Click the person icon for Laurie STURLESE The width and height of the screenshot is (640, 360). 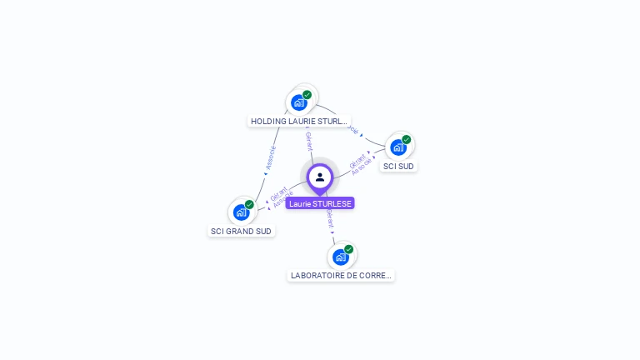click(320, 177)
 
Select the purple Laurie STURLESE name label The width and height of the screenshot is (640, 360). click(320, 203)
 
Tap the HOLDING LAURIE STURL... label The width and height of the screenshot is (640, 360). click(299, 122)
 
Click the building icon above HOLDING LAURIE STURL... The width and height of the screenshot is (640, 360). click(298, 103)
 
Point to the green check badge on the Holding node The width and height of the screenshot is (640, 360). click(307, 95)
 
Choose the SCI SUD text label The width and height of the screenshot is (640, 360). click(398, 167)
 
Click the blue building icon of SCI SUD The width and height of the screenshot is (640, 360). click(397, 147)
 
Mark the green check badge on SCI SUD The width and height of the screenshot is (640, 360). click(406, 140)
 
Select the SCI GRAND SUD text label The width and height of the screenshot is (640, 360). click(241, 231)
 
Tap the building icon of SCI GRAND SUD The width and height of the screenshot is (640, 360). click(241, 212)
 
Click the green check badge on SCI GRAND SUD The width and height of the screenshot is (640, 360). click(249, 204)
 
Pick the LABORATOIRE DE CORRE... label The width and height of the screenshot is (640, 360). click(341, 275)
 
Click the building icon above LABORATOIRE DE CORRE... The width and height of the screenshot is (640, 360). click(340, 257)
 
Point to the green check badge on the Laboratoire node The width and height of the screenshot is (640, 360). click(348, 249)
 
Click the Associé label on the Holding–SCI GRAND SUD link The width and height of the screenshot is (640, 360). click(270, 157)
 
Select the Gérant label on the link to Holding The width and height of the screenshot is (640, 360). click(308, 141)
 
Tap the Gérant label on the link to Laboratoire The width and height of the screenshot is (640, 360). click(330, 219)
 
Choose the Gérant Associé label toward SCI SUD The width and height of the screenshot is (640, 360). click(359, 163)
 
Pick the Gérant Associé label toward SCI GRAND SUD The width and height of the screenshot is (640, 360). click(281, 197)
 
